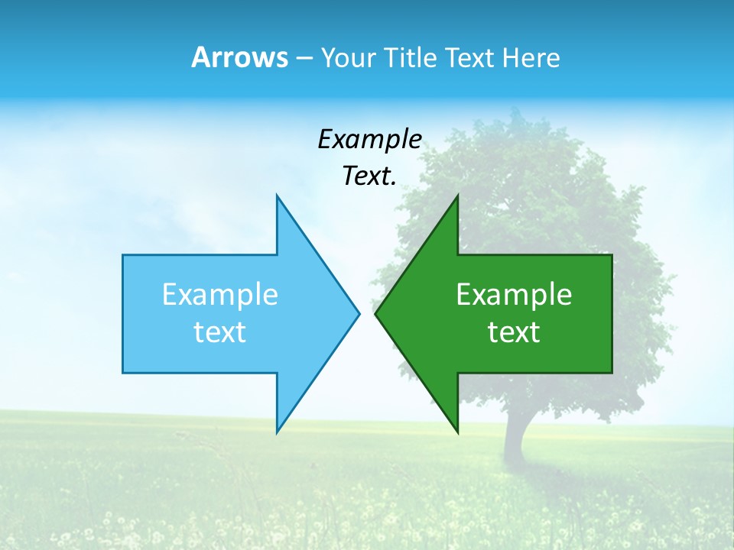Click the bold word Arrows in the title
(x=239, y=57)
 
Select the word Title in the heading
(x=413, y=57)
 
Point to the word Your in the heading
(x=349, y=57)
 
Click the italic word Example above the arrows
(x=369, y=139)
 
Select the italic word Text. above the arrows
(x=369, y=176)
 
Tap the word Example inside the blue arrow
(x=220, y=294)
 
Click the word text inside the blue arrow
(x=220, y=332)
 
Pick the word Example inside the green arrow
(x=514, y=294)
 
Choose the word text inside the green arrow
(x=514, y=332)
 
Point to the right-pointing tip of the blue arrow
(x=358, y=313)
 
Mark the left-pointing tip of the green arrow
(x=376, y=313)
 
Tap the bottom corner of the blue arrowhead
(x=278, y=431)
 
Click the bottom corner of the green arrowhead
(x=457, y=431)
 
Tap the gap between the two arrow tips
(x=367, y=313)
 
